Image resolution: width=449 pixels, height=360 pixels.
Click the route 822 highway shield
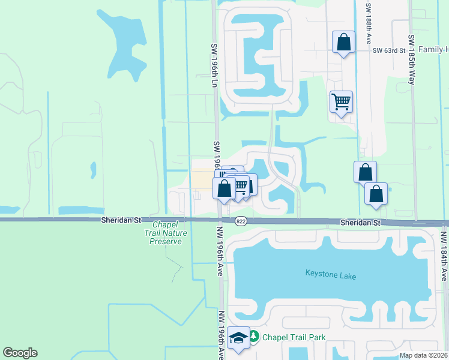click(x=241, y=221)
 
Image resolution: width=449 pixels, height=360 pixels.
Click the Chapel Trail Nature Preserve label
click(x=165, y=233)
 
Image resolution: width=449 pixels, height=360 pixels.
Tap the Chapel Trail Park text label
click(x=294, y=337)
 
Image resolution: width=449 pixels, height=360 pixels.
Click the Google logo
click(x=20, y=353)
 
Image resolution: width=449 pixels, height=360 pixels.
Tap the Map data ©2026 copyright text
click(x=423, y=355)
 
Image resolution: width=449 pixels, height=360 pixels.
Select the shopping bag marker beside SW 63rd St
click(x=343, y=43)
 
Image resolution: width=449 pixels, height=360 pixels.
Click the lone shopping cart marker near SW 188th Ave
click(x=341, y=102)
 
